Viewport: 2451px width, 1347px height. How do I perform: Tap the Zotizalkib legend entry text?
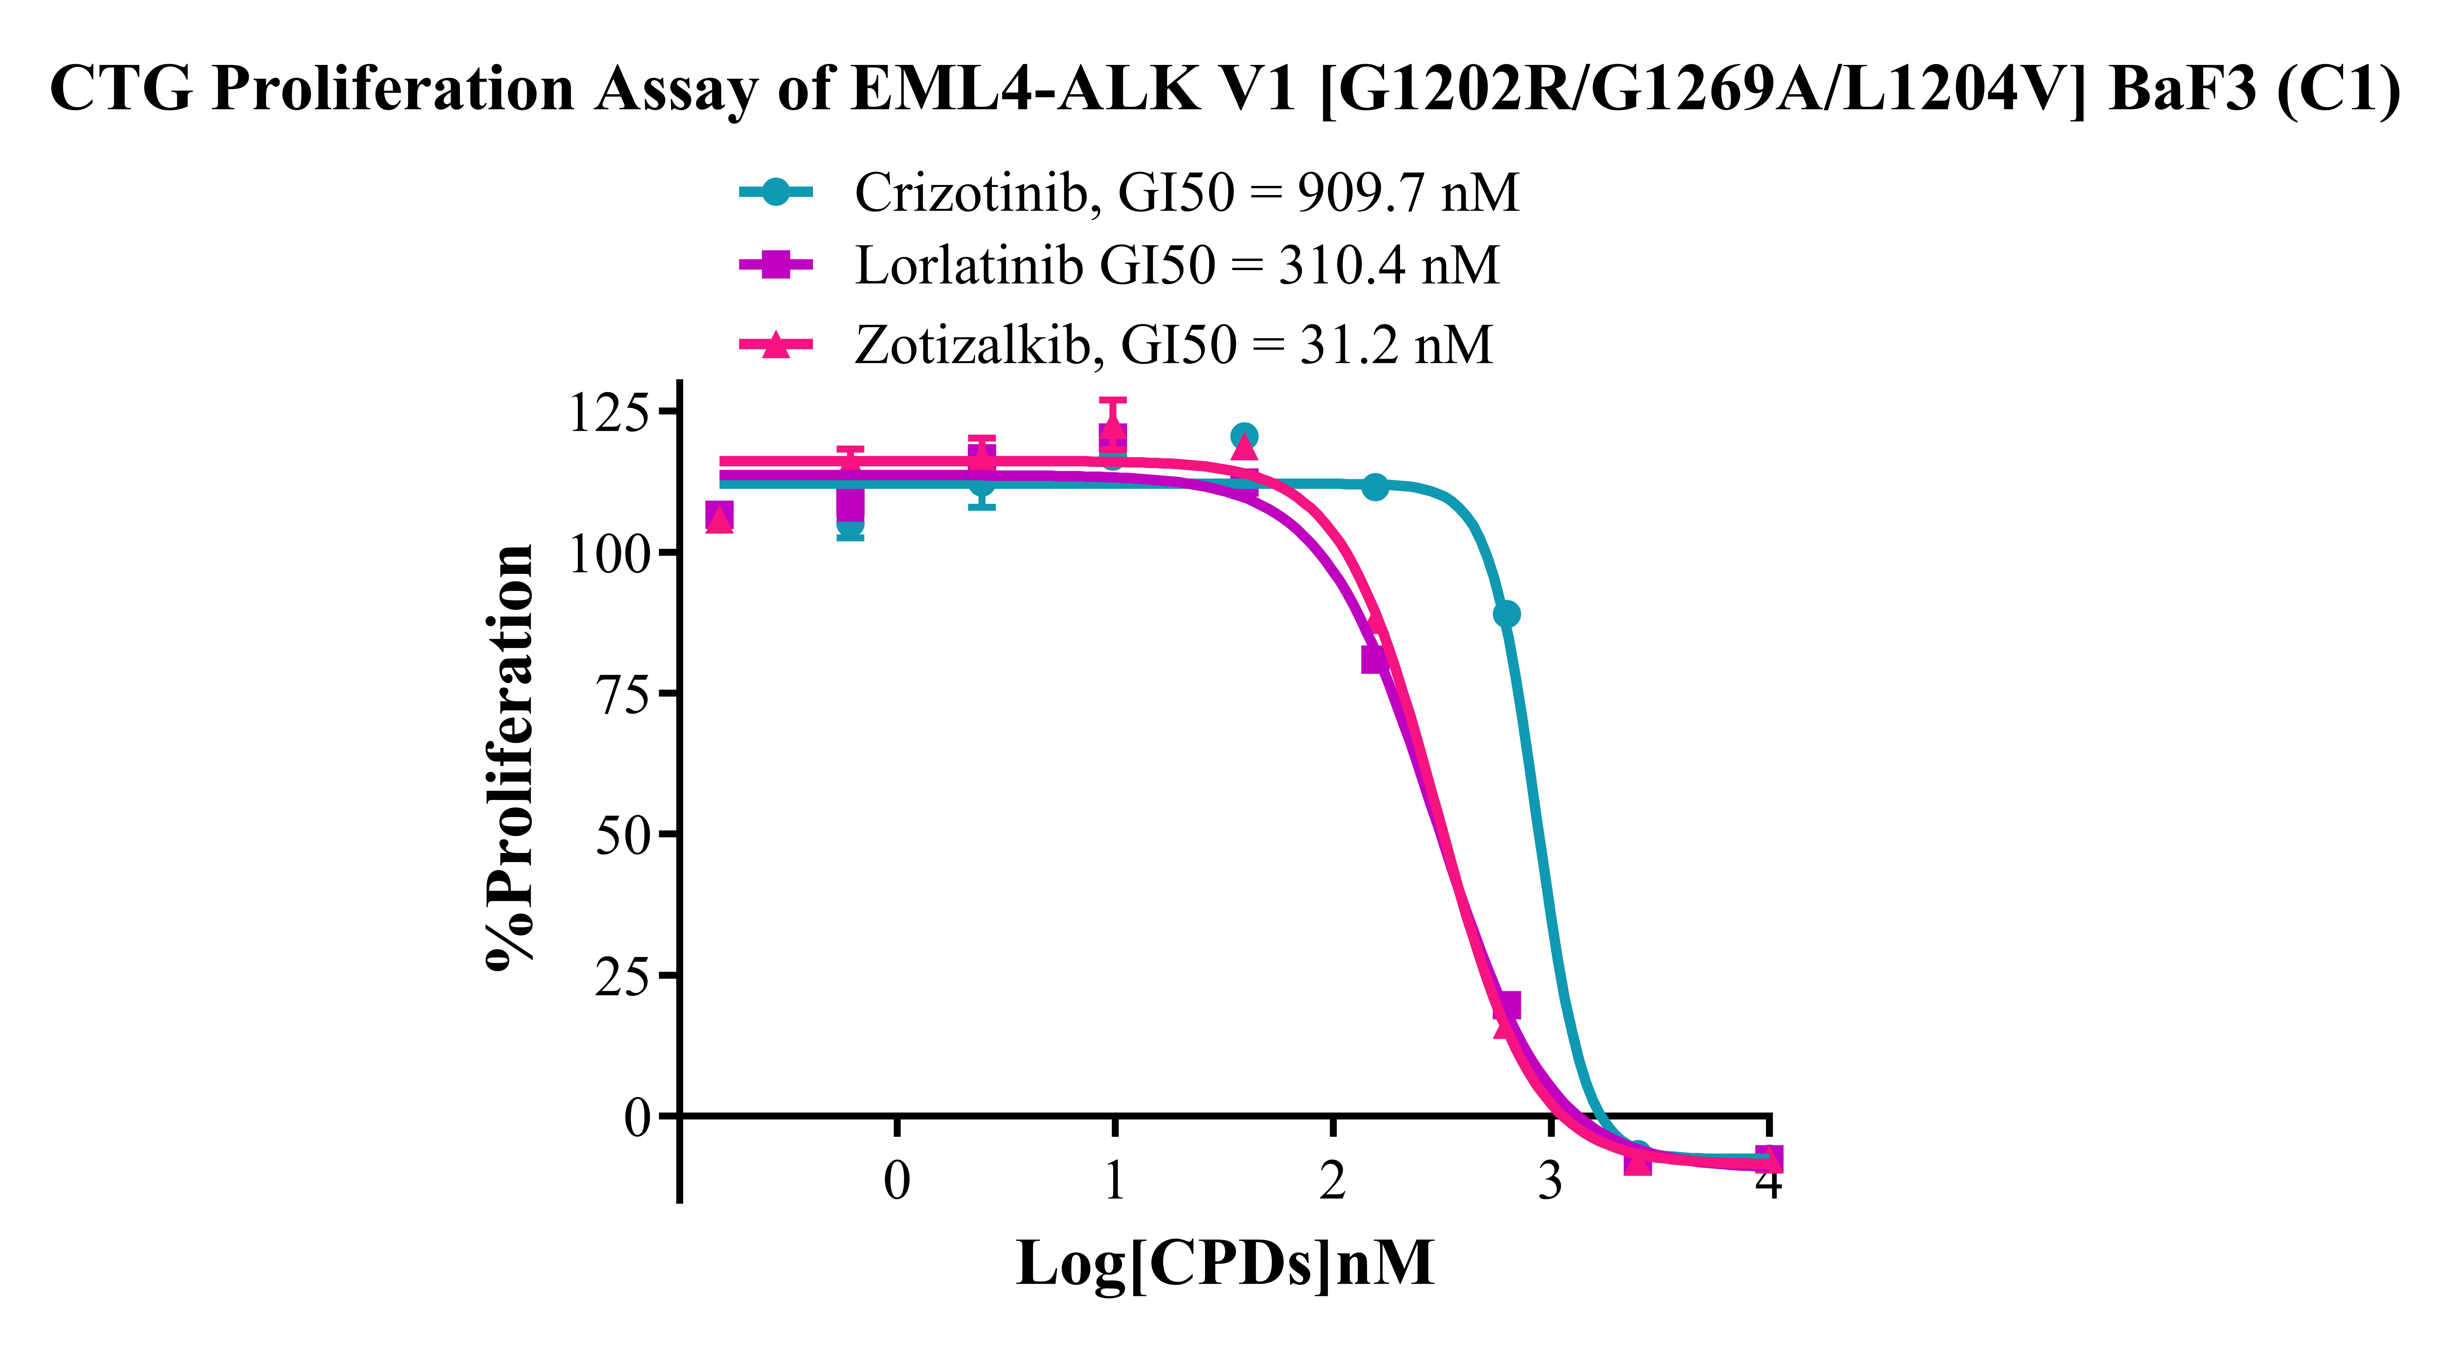[x=1173, y=345]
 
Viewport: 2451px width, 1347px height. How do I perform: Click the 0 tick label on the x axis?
[x=896, y=1181]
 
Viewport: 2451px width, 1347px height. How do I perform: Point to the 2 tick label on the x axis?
[x=1332, y=1181]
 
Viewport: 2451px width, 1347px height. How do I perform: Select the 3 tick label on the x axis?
[x=1550, y=1181]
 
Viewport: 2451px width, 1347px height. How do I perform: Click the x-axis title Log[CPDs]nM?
[x=1225, y=1263]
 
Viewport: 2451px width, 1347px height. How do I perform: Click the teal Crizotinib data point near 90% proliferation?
[x=1506, y=614]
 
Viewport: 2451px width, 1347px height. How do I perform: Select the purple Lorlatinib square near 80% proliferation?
[x=1373, y=659]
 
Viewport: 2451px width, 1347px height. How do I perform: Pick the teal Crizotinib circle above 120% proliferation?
[x=1244, y=436]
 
